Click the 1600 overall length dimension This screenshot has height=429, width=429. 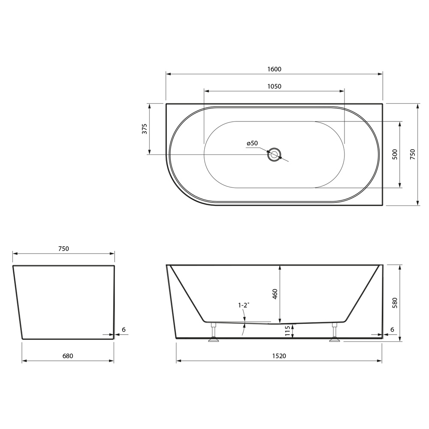[x=274, y=69]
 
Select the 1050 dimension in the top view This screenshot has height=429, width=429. [x=274, y=87]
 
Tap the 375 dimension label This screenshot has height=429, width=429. [x=145, y=129]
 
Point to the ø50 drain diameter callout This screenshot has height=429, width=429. [x=252, y=143]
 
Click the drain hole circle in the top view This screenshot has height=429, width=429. [x=274, y=154]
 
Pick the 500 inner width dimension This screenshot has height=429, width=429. [x=395, y=154]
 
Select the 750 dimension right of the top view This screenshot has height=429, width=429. [x=413, y=154]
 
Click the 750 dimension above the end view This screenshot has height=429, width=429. [x=63, y=249]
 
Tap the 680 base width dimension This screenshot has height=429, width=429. [x=68, y=356]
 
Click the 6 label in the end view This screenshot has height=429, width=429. [x=124, y=329]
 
